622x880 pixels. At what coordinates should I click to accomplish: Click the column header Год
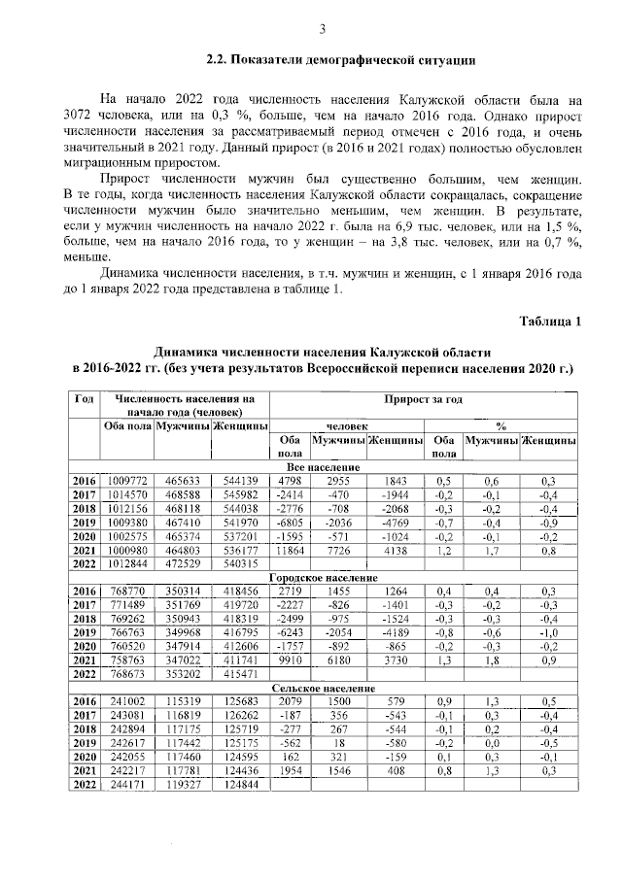pos(85,398)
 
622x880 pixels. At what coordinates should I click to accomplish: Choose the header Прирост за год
pos(422,398)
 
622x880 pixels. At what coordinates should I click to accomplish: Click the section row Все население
pos(324,467)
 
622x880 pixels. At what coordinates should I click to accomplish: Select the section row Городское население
pos(324,577)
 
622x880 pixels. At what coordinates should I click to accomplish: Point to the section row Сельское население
pos(324,688)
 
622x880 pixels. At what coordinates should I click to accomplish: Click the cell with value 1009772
pos(127,481)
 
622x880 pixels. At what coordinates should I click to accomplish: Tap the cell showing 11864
pos(289,549)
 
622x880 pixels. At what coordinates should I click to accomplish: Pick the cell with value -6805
pos(289,522)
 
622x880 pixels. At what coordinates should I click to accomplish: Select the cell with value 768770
pos(127,591)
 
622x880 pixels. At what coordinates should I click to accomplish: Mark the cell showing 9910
pos(289,660)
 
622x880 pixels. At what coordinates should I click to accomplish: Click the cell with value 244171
pos(127,783)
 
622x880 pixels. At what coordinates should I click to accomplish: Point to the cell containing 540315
pos(240,562)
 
